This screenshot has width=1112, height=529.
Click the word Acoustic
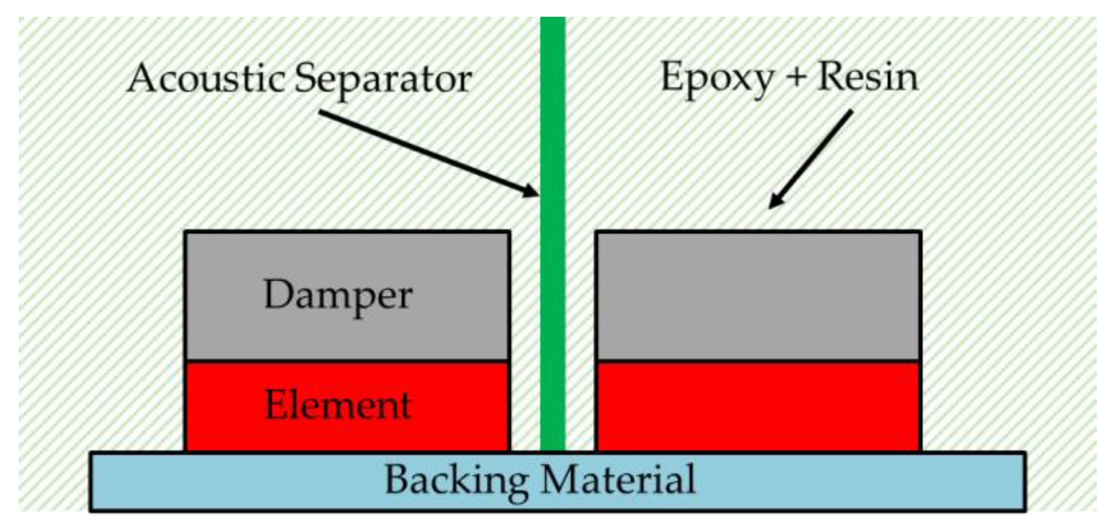pos(206,79)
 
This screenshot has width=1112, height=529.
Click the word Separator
pos(383,80)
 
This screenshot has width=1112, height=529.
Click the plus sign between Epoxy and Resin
pos(795,77)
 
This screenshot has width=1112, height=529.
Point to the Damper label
pos(338,296)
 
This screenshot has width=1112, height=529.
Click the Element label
pos(338,405)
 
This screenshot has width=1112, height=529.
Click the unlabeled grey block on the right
pos(759,296)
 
